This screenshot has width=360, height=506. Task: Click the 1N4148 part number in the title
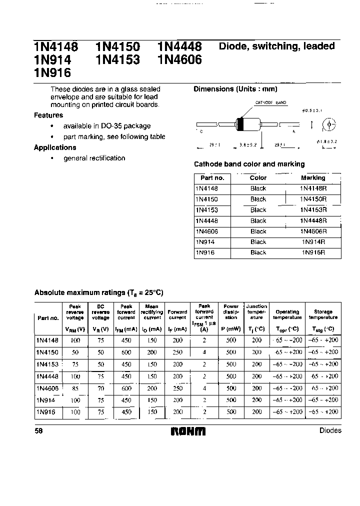(x=56, y=47)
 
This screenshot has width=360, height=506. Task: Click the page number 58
(x=38, y=430)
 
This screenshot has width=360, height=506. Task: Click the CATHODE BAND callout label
(x=270, y=102)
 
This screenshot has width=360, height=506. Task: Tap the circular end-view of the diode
(x=328, y=124)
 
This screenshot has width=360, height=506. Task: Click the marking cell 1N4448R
(x=313, y=220)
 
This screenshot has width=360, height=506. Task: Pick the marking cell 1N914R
(x=313, y=242)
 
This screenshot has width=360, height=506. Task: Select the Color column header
(x=258, y=177)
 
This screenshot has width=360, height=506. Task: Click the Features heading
(x=48, y=115)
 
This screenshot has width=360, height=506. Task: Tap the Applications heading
(x=55, y=147)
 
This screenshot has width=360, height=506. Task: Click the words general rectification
(x=94, y=158)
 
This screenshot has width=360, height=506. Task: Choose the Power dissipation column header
(x=231, y=312)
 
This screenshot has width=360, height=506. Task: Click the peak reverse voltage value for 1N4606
(x=75, y=388)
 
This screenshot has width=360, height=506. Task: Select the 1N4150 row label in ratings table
(x=47, y=352)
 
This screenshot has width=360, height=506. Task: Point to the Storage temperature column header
(x=323, y=314)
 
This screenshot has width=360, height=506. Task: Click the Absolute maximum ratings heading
(x=98, y=293)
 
